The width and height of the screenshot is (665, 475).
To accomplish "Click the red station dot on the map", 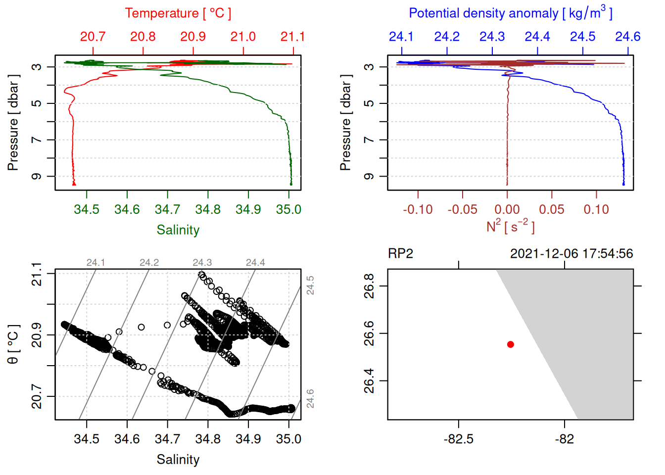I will [x=510, y=344].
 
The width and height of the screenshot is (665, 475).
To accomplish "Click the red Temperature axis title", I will [x=178, y=13].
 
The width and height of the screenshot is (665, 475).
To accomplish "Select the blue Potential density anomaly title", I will [x=510, y=13].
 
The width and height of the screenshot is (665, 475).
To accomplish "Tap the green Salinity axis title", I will [x=178, y=230].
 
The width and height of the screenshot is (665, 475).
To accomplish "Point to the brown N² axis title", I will [x=510, y=226].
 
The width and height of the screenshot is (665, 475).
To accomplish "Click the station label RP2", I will [x=400, y=254].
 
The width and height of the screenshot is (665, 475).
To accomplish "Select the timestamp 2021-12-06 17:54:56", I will [x=571, y=254].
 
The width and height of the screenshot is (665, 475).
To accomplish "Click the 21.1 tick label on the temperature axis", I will [x=292, y=37].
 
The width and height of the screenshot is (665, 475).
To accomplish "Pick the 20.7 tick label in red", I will [x=93, y=37].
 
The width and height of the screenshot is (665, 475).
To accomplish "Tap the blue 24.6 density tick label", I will [x=627, y=37].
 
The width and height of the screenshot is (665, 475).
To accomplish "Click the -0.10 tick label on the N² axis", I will [x=418, y=210].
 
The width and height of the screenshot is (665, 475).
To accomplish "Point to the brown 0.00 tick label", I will [x=507, y=210].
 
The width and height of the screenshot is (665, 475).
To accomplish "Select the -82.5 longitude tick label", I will [x=458, y=439].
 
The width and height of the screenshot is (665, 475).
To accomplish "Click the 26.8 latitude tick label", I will [x=369, y=286].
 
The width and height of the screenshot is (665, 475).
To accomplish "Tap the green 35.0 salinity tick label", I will [x=288, y=210].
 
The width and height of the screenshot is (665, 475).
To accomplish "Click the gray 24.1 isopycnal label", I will [x=95, y=263].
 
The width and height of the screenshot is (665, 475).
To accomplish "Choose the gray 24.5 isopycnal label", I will [x=310, y=285].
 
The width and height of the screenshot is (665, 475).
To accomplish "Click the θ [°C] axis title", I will [x=13, y=344].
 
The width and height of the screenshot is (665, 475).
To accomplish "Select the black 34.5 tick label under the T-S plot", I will [x=87, y=439].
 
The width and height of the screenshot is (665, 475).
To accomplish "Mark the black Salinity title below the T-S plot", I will [x=178, y=460].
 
